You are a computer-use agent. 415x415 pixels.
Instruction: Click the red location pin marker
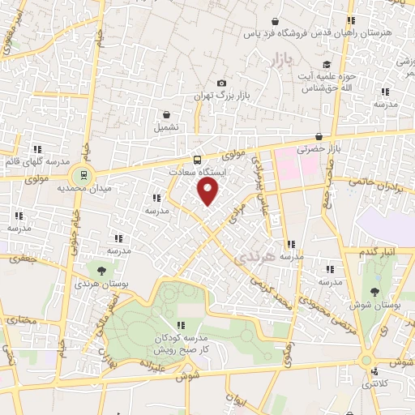209,192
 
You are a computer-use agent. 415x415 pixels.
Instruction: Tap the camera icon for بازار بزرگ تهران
222,83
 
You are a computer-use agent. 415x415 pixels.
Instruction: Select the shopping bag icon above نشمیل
166,114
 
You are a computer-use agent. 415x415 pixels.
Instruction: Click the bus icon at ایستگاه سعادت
197,160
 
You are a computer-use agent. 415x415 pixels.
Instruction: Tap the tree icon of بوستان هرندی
101,272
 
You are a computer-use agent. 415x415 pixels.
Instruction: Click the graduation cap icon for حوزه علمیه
326,65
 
